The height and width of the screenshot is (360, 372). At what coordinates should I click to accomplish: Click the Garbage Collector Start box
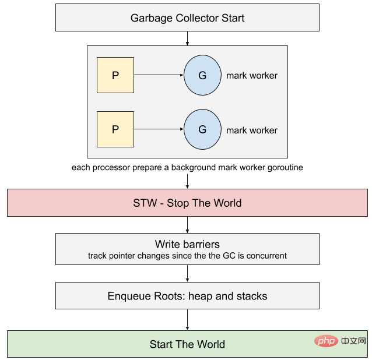coord(187,17)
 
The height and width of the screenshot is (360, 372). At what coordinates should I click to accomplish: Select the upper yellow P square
coord(115,76)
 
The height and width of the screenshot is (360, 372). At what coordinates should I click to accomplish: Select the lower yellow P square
coord(115,129)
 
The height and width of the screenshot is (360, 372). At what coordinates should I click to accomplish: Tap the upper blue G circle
coord(202,76)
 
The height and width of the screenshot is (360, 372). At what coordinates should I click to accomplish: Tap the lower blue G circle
coord(202,129)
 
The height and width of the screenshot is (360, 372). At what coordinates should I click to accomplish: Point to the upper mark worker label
coord(252,76)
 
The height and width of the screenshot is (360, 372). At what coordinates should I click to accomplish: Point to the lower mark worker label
coord(252,130)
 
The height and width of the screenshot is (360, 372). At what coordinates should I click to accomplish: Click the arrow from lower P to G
coord(159,129)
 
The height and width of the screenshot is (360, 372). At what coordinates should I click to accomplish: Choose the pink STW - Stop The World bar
coord(187,203)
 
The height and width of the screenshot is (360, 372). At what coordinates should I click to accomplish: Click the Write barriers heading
coord(187,244)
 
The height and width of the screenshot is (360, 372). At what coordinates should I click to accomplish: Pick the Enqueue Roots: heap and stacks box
coord(187,296)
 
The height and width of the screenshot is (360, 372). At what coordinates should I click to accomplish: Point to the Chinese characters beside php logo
coord(353,340)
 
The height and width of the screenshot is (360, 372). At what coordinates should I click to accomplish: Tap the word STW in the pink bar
coord(145,203)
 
